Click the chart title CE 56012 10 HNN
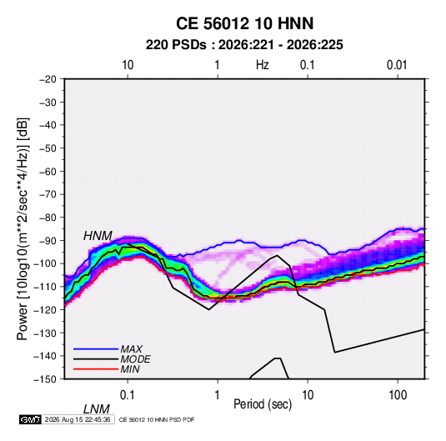pyautogui.click(x=244, y=23)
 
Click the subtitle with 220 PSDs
pyautogui.click(x=244, y=45)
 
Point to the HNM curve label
pyautogui.click(x=98, y=236)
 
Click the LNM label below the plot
pyautogui.click(x=96, y=409)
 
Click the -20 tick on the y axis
pyautogui.click(x=48, y=79)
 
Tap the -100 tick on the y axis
pyautogui.click(x=45, y=263)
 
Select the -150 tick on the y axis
pyautogui.click(x=45, y=379)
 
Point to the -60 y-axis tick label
pyautogui.click(x=48, y=171)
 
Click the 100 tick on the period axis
pyautogui.click(x=398, y=395)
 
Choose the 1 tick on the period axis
pyautogui.click(x=218, y=395)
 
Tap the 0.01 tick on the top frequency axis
pyautogui.click(x=397, y=65)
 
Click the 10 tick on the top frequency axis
pyautogui.click(x=128, y=65)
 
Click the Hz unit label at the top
pyautogui.click(x=263, y=65)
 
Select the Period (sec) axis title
pyautogui.click(x=263, y=404)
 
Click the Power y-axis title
pyautogui.click(x=23, y=228)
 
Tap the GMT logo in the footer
pyautogui.click(x=31, y=419)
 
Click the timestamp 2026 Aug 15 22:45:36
pyautogui.click(x=78, y=419)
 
